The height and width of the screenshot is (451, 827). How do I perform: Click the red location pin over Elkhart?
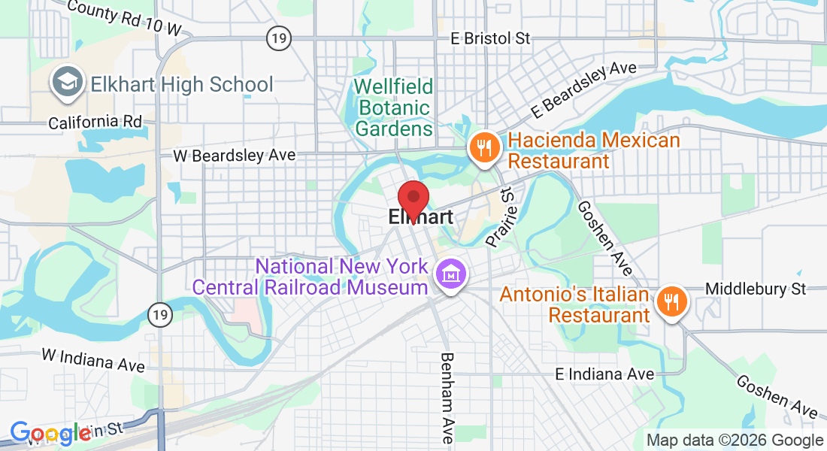413,199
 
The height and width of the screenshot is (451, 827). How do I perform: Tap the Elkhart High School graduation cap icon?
66,83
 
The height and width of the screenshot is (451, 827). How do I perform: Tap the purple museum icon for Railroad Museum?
451,276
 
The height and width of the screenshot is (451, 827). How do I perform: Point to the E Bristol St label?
491,38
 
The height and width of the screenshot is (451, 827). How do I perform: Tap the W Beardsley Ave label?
234,156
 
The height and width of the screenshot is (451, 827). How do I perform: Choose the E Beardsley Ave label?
583,89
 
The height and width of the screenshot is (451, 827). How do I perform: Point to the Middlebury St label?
755,289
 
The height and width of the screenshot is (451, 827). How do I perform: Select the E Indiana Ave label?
604,374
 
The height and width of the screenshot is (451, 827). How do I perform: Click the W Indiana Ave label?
93,359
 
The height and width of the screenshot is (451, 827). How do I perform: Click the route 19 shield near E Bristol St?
279,38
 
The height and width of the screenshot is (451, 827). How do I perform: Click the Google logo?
50,434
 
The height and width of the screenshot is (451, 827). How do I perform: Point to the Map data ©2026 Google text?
735,440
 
